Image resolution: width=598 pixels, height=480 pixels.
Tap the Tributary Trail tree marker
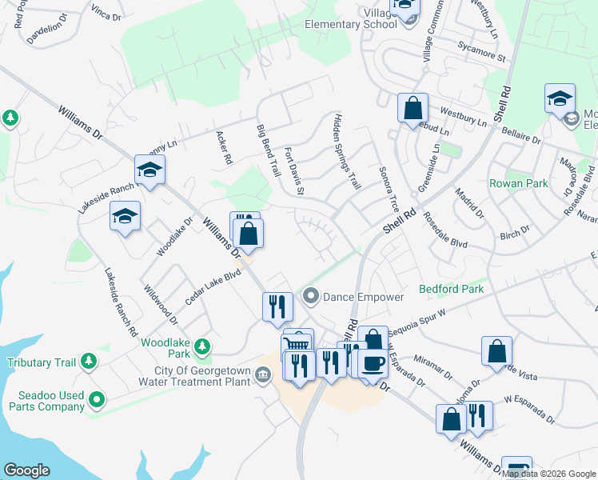88,362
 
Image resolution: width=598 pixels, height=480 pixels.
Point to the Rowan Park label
519,183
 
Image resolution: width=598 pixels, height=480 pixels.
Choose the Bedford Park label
452,289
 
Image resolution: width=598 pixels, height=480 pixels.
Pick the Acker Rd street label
224,148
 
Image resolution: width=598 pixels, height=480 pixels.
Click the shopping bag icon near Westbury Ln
413,108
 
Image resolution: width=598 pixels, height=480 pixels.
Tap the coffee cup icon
373,363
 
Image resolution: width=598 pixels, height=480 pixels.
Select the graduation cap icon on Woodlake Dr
125,218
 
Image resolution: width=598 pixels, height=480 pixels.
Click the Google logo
26,470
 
